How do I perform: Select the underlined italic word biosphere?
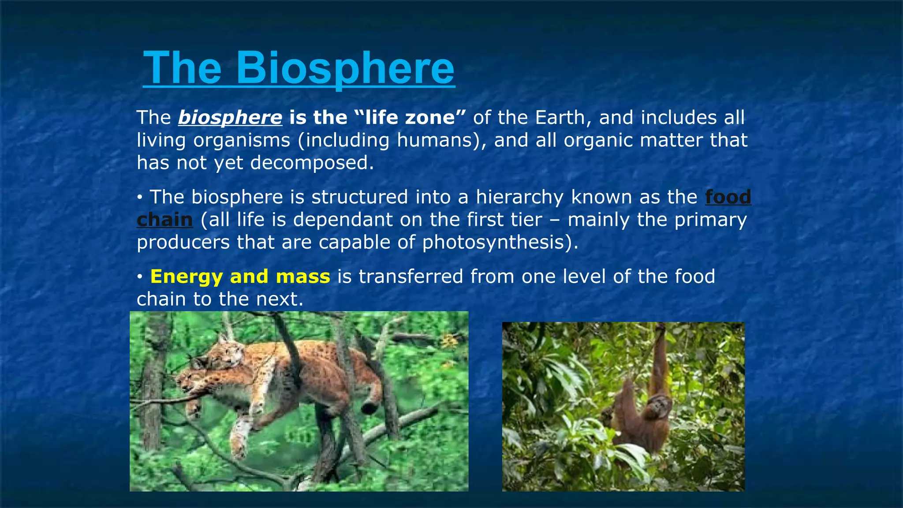(230, 117)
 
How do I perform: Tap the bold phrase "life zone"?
(410, 117)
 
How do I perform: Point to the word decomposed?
(312, 163)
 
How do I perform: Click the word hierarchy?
(519, 197)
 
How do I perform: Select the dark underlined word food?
(728, 197)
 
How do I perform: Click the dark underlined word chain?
(164, 220)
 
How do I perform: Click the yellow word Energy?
(187, 276)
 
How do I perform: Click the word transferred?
(410, 276)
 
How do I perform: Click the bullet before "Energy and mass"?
(139, 277)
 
